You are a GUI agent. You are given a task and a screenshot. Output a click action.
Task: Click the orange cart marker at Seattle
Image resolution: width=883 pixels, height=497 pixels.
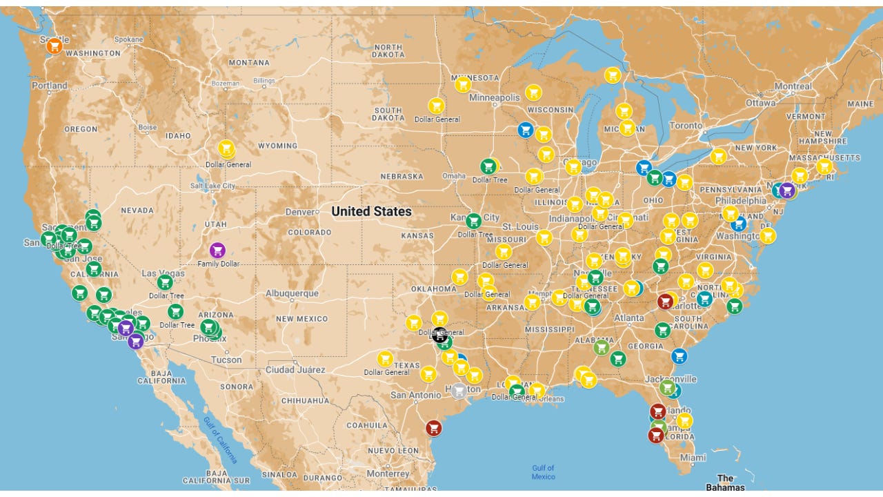(54, 46)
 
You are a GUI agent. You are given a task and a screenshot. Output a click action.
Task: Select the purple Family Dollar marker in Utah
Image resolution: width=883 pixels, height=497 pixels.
(217, 251)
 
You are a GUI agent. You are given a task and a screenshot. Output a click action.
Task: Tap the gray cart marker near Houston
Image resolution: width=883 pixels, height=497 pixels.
(459, 391)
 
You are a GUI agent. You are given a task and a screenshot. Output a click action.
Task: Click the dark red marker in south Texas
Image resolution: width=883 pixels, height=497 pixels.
(433, 428)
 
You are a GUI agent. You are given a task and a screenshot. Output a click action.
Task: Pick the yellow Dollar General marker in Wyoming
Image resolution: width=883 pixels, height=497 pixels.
(226, 148)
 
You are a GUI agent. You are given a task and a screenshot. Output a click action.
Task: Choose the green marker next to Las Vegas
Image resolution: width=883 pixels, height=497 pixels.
(165, 282)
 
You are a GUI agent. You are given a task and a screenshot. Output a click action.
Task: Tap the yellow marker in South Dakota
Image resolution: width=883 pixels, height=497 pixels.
(436, 106)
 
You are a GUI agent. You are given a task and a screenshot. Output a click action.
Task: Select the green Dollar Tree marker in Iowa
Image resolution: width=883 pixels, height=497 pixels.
(488, 166)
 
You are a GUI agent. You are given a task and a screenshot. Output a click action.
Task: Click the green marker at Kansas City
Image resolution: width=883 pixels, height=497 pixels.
(473, 221)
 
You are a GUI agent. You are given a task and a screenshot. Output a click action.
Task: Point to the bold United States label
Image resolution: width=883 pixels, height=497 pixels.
(371, 212)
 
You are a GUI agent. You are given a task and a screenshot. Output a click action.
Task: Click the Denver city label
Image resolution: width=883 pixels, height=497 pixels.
(302, 211)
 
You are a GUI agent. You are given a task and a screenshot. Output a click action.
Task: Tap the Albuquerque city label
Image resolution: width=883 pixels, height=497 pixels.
(292, 293)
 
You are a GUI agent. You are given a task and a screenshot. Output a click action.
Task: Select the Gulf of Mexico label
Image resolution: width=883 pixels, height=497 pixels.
(543, 472)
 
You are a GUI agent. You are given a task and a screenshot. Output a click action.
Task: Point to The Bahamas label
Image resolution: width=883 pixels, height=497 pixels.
(725, 483)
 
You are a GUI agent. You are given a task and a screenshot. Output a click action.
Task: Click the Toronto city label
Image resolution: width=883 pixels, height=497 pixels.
(686, 126)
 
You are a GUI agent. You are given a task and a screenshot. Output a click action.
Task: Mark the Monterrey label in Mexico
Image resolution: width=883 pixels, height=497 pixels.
(388, 474)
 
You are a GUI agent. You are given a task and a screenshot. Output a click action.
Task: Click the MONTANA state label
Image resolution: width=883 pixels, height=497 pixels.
(249, 63)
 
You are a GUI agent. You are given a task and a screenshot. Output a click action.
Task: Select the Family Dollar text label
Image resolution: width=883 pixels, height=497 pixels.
(218, 264)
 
